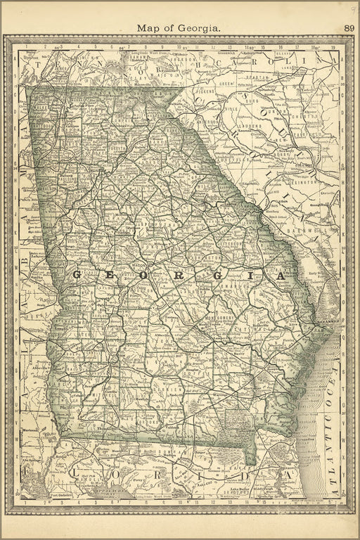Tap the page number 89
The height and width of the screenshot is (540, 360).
(349, 28)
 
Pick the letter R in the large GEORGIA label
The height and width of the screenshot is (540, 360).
(178, 275)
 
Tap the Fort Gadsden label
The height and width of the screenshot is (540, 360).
(62, 495)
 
